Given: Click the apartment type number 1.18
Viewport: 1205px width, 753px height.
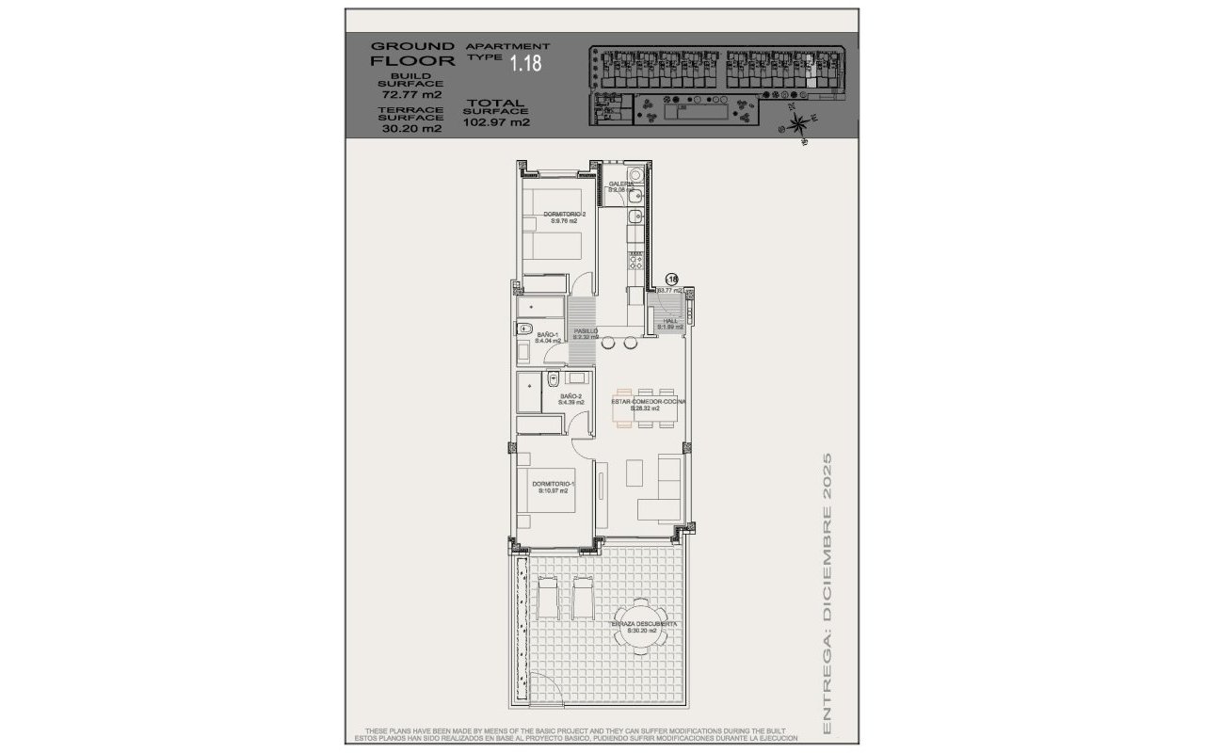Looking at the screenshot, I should [526, 64].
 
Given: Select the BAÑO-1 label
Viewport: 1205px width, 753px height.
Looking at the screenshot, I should [549, 337].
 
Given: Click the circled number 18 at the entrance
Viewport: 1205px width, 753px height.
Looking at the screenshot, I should [672, 279].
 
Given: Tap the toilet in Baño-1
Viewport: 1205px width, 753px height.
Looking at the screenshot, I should [522, 328].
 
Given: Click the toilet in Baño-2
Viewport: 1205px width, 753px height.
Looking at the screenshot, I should [554, 379].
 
